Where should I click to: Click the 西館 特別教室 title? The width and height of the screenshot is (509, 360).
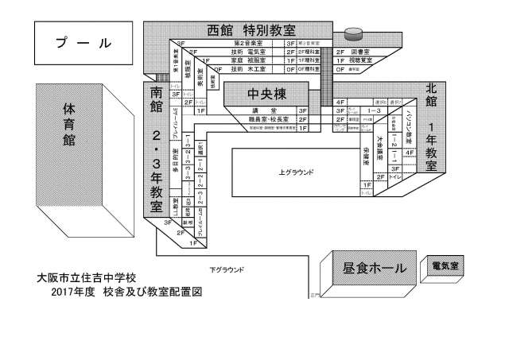(251, 31)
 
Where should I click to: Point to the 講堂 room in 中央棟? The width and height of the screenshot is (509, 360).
(262, 110)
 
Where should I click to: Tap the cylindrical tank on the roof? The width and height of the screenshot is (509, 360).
(352, 34)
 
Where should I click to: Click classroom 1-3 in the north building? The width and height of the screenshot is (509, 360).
(373, 111)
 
